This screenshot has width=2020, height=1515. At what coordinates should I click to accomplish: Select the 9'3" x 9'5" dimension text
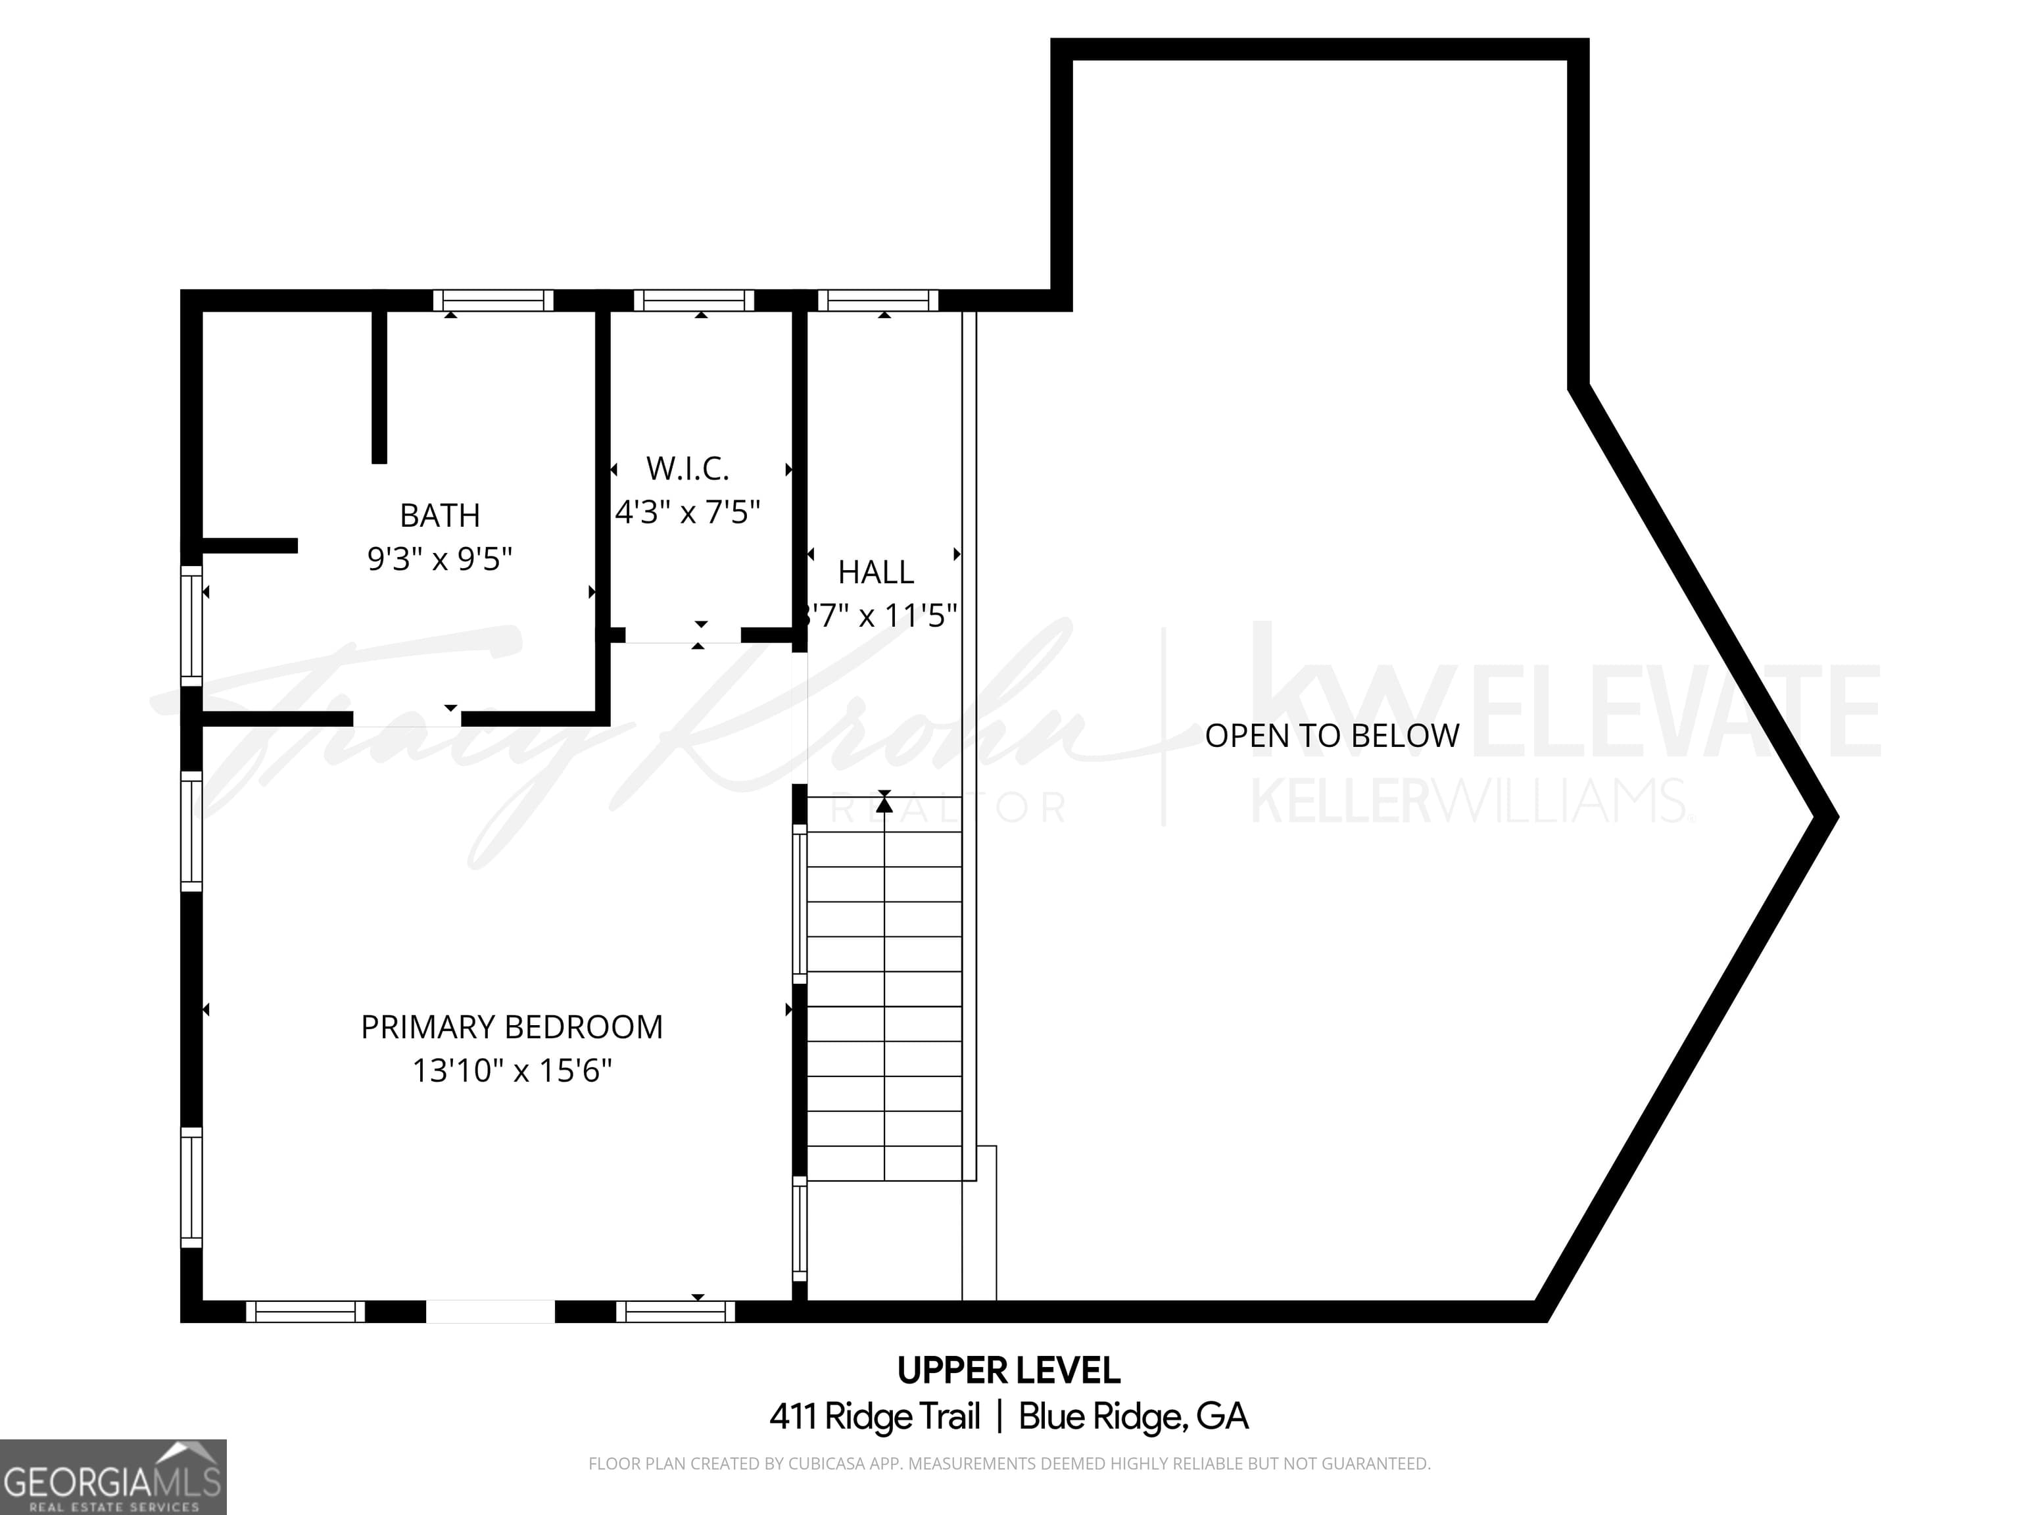[x=439, y=558]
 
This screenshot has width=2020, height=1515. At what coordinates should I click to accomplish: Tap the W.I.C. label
[x=688, y=468]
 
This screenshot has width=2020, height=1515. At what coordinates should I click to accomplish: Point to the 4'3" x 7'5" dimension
[x=688, y=512]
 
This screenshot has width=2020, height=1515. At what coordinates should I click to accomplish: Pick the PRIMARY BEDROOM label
[x=512, y=1027]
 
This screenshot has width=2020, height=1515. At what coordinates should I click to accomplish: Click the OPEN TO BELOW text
[x=1332, y=736]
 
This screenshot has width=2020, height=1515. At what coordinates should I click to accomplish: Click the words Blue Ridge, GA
[x=1132, y=1416]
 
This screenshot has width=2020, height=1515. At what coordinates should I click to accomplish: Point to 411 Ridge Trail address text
[x=875, y=1416]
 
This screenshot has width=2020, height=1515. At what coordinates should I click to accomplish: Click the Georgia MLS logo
[x=112, y=1477]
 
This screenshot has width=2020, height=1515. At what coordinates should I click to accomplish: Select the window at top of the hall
[x=878, y=301]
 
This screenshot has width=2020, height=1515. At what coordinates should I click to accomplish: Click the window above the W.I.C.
[x=694, y=301]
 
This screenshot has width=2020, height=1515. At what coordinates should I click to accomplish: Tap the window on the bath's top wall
[x=493, y=301]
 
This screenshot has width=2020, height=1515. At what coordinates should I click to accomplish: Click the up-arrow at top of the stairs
[x=884, y=803]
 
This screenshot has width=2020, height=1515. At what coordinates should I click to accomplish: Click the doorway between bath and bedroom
[x=407, y=719]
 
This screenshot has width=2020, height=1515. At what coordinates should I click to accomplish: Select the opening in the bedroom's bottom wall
[x=491, y=1311]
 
